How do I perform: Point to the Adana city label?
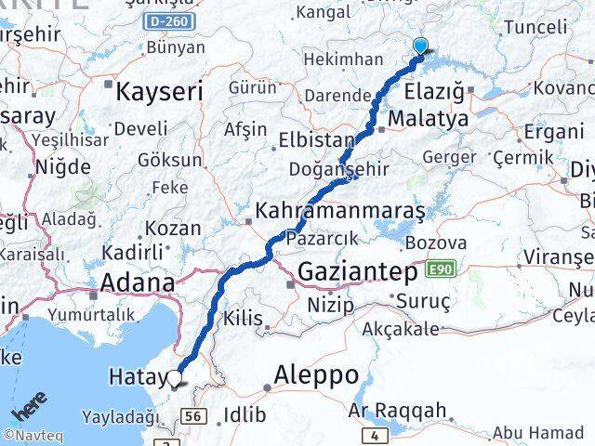[x=138, y=282]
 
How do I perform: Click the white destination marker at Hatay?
[x=176, y=377]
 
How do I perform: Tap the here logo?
[x=29, y=414]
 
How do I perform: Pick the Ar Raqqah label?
[x=400, y=410]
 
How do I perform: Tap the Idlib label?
[x=245, y=414]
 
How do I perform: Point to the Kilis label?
[x=244, y=319]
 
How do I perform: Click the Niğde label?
[x=63, y=167]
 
